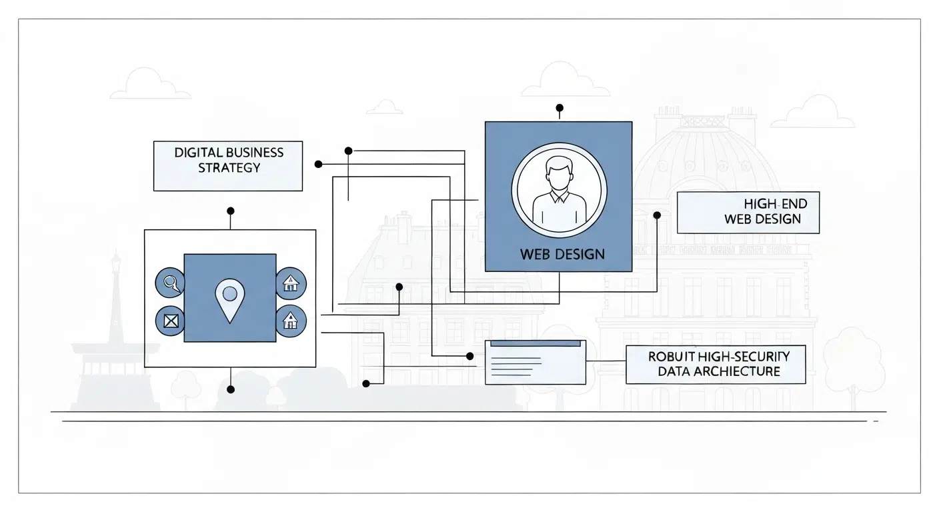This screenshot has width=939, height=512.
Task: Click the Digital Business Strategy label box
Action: pos(228,166)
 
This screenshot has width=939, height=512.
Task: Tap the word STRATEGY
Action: pos(229,167)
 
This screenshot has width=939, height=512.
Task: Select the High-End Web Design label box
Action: pos(748,213)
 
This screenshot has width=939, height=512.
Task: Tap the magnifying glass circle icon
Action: pos(169,283)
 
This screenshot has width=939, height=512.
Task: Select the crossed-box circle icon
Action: pos(169,321)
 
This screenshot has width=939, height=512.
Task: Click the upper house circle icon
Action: pos(290,283)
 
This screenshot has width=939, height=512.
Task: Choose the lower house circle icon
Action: pos(290,321)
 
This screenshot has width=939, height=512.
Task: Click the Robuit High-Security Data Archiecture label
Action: pos(716,364)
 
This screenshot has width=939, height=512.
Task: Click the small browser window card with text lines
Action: pos(535,362)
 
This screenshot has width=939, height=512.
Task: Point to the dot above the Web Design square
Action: pos(559,107)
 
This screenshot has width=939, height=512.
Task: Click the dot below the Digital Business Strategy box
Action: pos(231,211)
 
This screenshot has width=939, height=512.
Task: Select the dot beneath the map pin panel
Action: pos(231,389)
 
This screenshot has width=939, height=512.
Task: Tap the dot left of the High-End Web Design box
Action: pos(657,215)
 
